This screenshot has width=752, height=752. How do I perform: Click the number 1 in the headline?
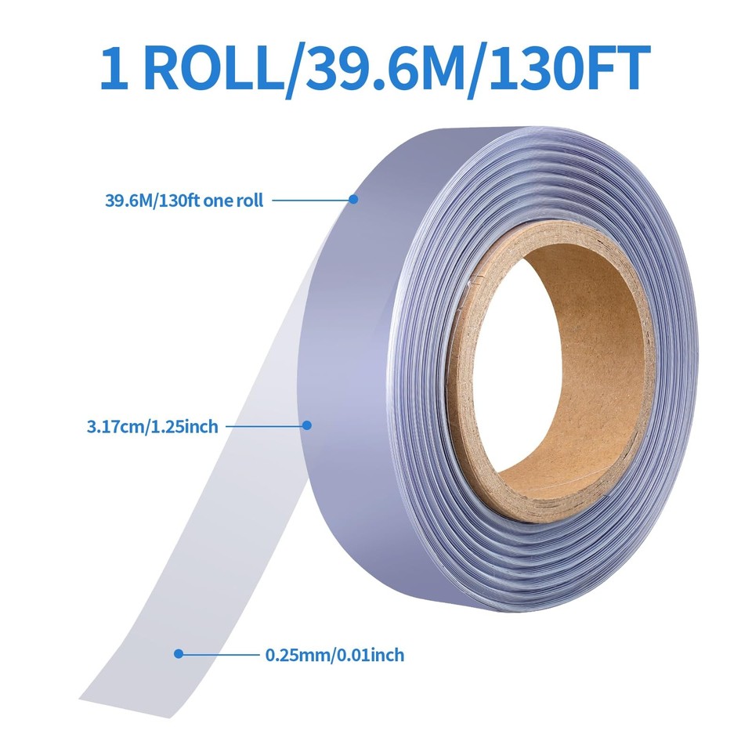coord(115,69)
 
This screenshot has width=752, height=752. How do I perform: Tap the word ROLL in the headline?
coord(213,69)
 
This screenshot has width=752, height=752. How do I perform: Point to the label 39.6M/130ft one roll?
coord(184,200)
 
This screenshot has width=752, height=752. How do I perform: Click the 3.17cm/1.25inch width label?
coord(152,427)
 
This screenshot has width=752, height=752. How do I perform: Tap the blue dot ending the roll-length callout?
coord(353,200)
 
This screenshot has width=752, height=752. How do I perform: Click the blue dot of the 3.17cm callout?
coord(307,425)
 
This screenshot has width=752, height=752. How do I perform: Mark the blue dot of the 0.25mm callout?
coord(179,653)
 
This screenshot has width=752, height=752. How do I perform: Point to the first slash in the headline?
coord(291,69)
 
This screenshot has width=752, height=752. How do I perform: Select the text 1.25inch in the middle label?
coord(187,427)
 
